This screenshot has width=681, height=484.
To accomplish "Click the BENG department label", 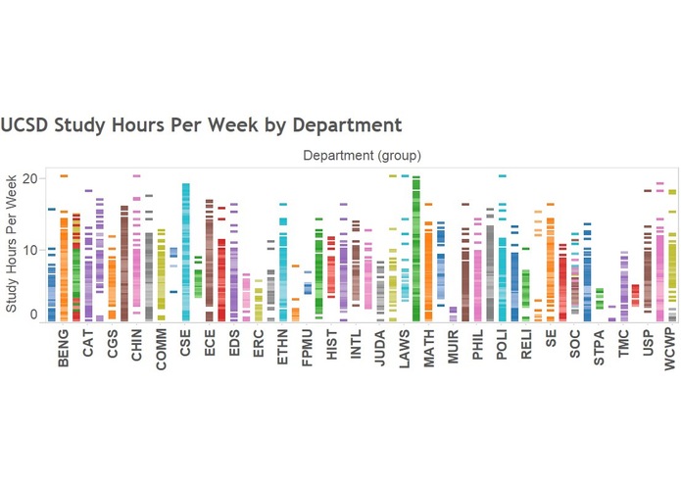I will (x=65, y=351).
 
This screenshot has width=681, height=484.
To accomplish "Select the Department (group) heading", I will (x=362, y=155).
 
